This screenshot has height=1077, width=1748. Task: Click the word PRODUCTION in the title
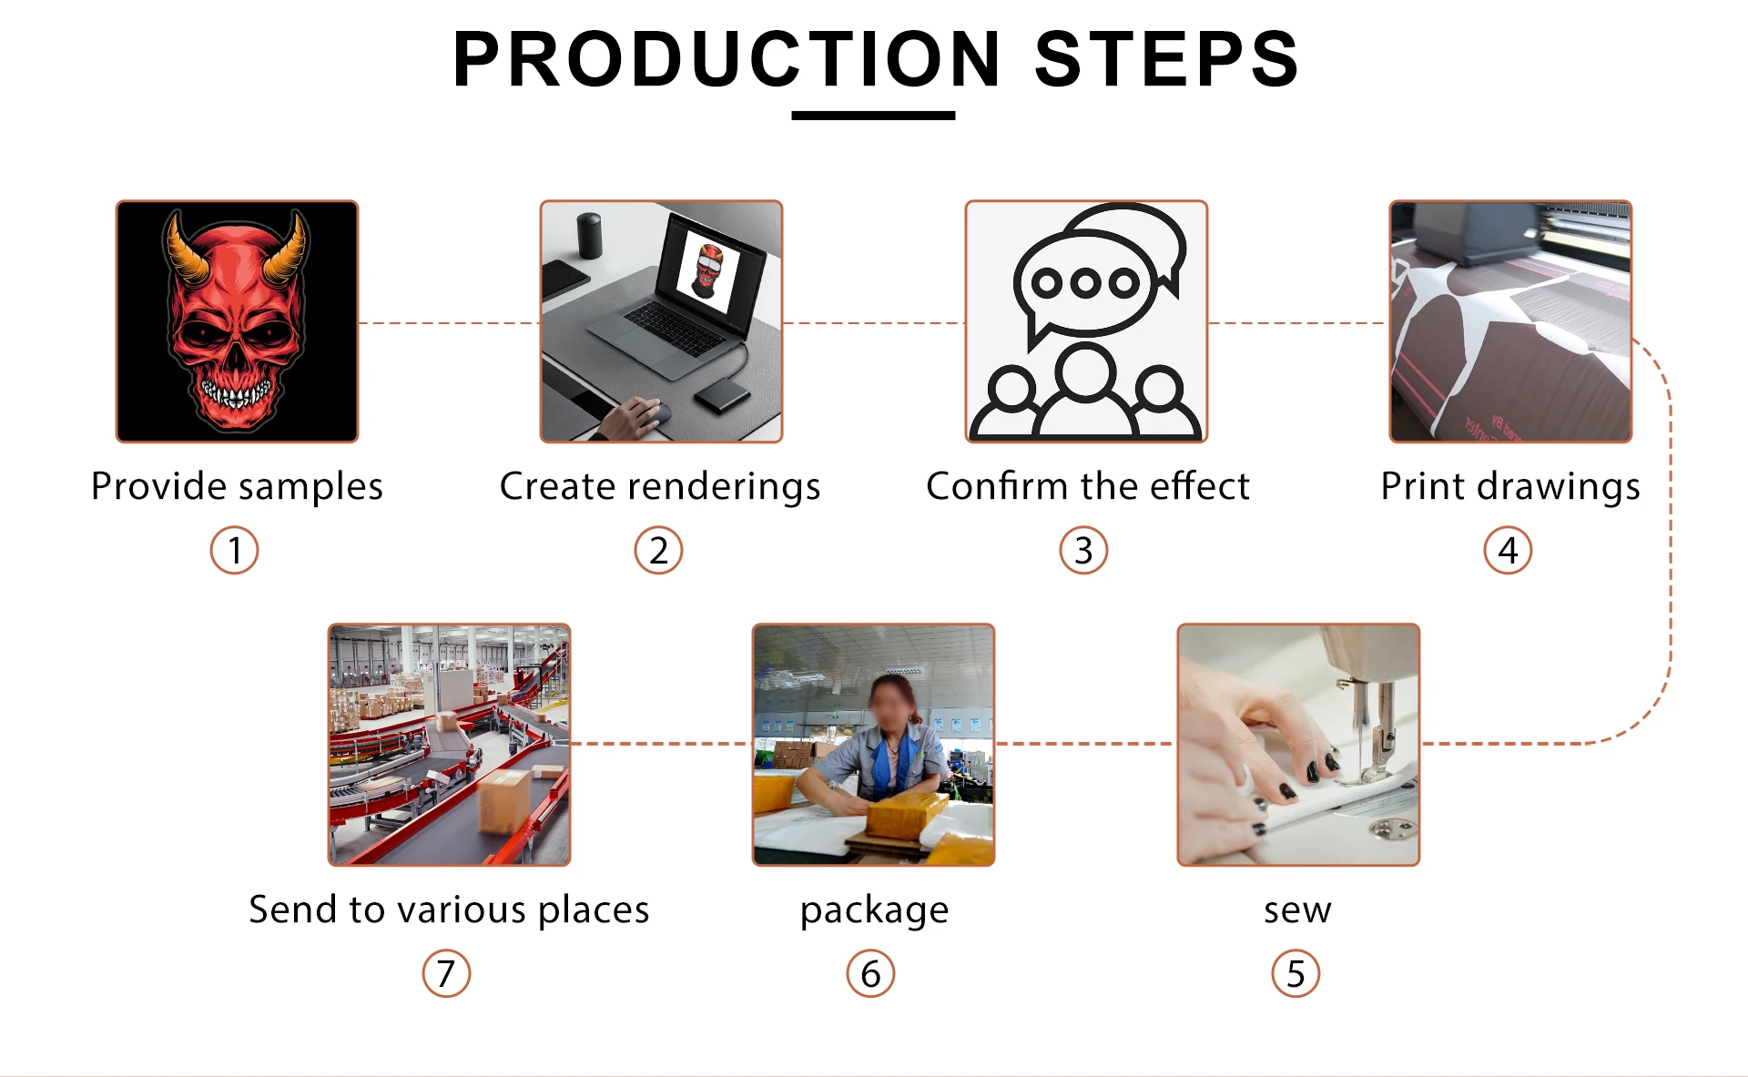point(727,60)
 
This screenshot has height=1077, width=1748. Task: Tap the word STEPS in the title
point(1166,60)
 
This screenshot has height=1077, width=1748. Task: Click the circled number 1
point(235,551)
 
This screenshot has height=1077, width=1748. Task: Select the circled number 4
point(1508,551)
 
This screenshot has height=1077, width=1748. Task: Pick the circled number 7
point(446,974)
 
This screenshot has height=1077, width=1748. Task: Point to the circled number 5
point(1296,974)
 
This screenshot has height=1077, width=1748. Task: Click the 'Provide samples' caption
point(237,486)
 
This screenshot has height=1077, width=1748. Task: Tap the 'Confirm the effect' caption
point(1087,486)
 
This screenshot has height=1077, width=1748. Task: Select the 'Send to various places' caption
point(449,909)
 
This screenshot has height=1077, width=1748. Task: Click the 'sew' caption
point(1297,909)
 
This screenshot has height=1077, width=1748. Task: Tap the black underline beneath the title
point(873,116)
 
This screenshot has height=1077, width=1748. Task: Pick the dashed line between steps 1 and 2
point(449,323)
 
